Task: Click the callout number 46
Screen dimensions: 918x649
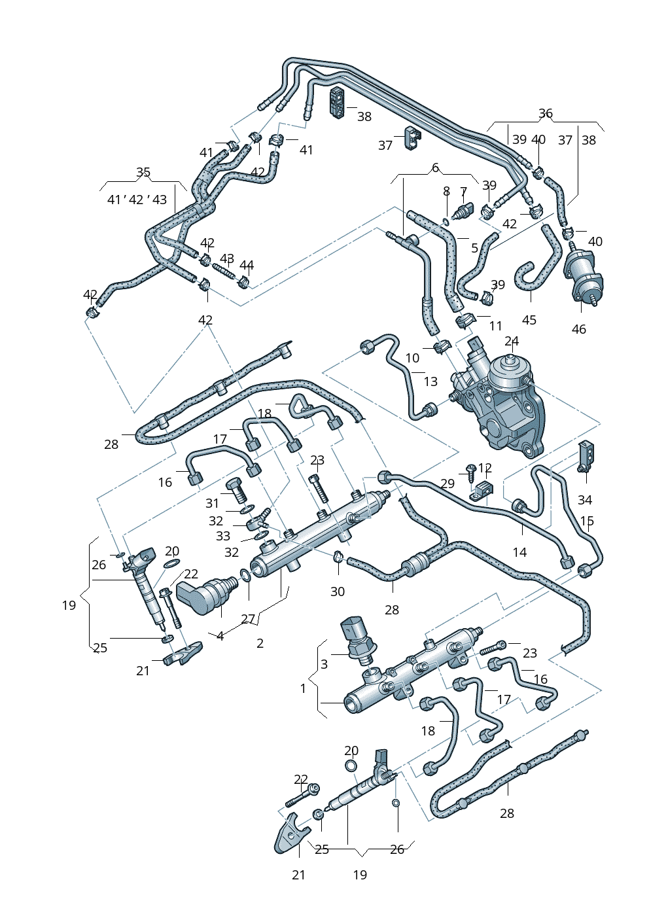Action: (x=579, y=329)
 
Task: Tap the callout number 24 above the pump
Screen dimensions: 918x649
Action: (x=512, y=341)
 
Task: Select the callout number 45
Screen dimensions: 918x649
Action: (x=529, y=320)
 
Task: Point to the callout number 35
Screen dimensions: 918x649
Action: (x=143, y=173)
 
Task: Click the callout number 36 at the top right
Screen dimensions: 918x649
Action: (x=546, y=113)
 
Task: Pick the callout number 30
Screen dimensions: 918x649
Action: (x=337, y=591)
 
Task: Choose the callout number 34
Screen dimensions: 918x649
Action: (x=585, y=500)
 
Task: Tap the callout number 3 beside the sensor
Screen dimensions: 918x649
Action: (x=324, y=664)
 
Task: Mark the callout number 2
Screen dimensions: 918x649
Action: (x=260, y=643)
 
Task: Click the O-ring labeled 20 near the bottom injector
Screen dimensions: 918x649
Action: (x=351, y=766)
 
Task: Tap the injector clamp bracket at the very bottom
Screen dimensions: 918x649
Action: (x=289, y=836)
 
